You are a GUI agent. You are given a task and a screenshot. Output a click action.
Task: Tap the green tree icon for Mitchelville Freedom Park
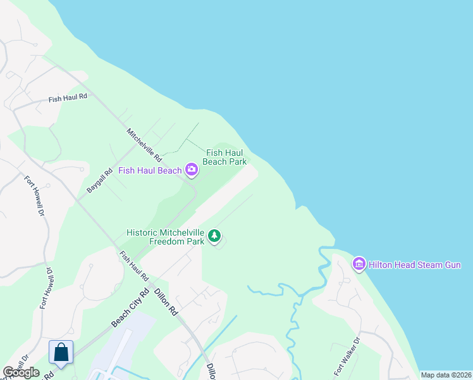click(x=215, y=236)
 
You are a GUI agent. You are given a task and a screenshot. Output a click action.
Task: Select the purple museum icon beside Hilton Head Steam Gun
click(x=359, y=263)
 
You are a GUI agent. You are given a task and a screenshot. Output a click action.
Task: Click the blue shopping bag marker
click(x=61, y=351)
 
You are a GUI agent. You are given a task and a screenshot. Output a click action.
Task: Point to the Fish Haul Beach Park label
click(x=226, y=157)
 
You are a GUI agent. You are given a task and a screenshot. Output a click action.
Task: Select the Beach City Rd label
click(x=130, y=308)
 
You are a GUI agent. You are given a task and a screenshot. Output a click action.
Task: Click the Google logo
click(x=21, y=372)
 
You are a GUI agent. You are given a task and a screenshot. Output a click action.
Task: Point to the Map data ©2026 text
click(x=446, y=375)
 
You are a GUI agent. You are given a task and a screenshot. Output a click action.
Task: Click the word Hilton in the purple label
click(x=381, y=265)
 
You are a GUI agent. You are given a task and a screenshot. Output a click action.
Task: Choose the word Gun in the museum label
click(x=453, y=265)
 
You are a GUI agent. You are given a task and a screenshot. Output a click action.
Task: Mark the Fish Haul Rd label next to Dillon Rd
click(x=134, y=267)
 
